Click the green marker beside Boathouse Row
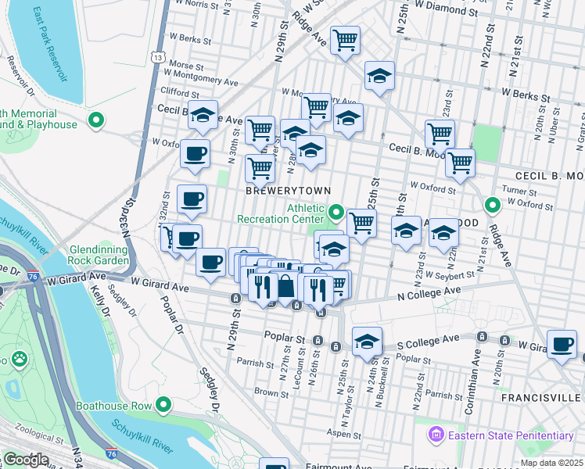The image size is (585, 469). click(163, 404)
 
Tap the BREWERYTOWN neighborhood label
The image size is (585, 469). click(287, 191)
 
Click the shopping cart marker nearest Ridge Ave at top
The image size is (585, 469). click(345, 40)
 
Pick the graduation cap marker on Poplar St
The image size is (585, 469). click(367, 342)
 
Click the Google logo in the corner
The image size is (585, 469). click(26, 460)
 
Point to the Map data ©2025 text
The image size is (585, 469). click(551, 463)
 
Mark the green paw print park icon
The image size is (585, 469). click(19, 360)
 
